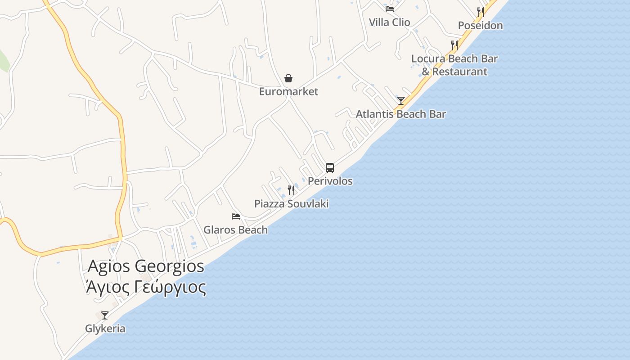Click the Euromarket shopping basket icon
point(288,79)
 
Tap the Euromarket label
point(288,92)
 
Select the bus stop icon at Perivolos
point(330,168)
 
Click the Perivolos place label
point(330,181)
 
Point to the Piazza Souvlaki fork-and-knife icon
point(291,190)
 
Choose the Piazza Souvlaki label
point(291,204)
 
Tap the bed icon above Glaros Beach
point(236,216)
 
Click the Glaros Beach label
point(235,230)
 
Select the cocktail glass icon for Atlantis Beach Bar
point(401,100)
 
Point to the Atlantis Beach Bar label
point(400,114)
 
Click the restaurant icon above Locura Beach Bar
point(454,45)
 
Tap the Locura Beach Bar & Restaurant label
point(454,65)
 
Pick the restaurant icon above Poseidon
point(481,12)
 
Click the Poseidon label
point(480,25)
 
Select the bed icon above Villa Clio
point(390,9)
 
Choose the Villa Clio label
point(389,22)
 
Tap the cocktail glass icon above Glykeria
point(105,315)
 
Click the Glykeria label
point(105,328)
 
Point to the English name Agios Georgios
point(146,266)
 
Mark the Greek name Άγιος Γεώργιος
point(146,287)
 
